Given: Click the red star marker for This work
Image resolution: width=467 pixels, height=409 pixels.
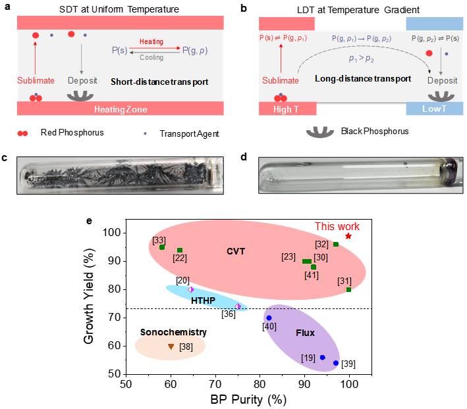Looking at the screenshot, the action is (348, 236).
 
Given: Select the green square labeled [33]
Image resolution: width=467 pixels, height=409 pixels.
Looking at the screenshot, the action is (162, 247).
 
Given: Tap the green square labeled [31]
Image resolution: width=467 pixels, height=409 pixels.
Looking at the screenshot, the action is (348, 289).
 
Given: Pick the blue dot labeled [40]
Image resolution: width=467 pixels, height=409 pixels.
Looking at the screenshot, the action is (269, 318).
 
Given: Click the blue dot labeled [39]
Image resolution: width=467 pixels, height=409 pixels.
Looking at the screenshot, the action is (336, 363).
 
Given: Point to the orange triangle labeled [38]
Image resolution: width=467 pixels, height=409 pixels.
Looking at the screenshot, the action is (171, 347).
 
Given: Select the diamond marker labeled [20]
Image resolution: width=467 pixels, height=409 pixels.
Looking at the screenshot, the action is (191, 289).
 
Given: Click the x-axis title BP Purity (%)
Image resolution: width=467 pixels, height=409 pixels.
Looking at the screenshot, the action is (248, 400).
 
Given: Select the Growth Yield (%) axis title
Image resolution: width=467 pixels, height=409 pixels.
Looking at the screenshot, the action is (89, 297).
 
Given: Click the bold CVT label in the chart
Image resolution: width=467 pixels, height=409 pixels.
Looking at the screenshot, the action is (236, 251).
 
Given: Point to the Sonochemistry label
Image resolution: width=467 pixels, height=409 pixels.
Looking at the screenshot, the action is (173, 332).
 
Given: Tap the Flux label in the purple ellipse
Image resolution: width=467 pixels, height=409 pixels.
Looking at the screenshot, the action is (305, 333).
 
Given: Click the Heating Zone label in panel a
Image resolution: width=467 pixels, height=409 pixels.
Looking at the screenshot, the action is (121, 109).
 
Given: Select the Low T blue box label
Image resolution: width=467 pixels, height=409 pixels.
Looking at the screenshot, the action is (434, 108).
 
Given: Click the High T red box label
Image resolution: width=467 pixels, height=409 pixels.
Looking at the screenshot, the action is (286, 109).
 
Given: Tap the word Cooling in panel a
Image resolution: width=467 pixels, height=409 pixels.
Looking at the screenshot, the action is (151, 57).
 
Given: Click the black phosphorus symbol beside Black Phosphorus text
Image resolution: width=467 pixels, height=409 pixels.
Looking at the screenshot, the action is (320, 132).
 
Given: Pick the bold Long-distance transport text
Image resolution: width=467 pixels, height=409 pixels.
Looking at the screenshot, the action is (363, 79).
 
